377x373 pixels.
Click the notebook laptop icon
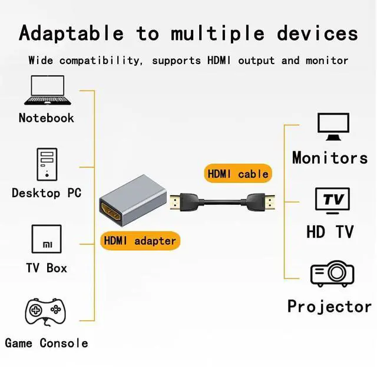tap(46, 91)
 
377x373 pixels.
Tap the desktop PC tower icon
tap(47, 164)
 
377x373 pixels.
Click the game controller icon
tap(45, 312)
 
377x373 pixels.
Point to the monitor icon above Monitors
tap(333, 126)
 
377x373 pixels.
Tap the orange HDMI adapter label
tap(140, 241)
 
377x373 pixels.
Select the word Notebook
tap(46, 118)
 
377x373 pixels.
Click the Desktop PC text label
tap(47, 193)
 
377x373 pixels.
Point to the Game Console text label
tap(47, 343)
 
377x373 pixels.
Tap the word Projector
tap(329, 307)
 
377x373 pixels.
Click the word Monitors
tap(330, 158)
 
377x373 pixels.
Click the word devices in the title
tap(318, 33)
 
